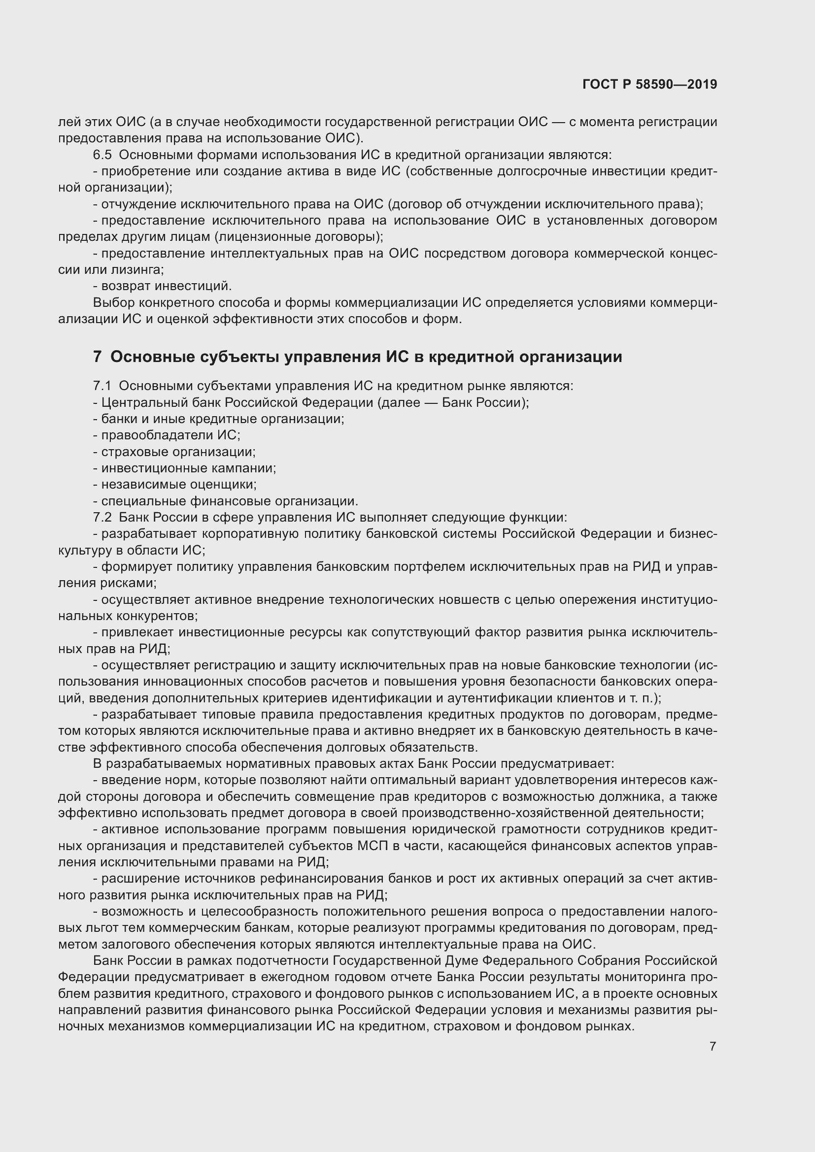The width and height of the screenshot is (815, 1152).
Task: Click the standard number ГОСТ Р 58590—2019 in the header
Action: (650, 84)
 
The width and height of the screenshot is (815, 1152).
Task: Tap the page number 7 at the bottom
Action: (713, 1046)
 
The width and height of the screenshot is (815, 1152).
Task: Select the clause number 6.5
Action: (102, 155)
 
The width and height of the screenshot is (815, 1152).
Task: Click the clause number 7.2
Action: (102, 517)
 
